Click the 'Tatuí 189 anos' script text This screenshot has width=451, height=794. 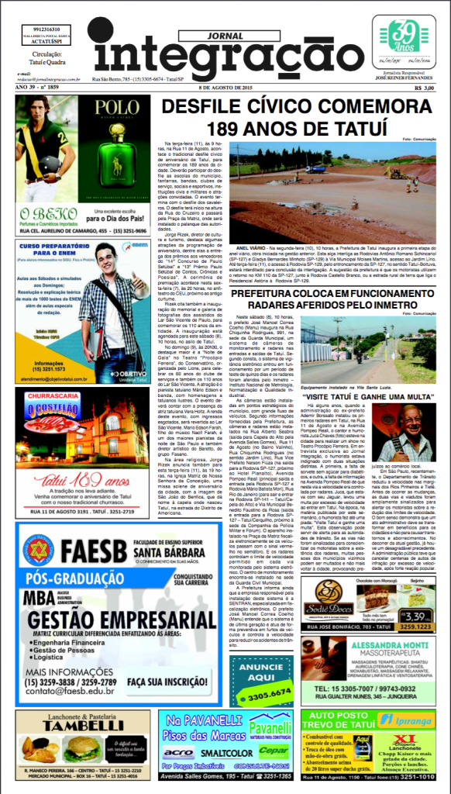pos(83,478)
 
